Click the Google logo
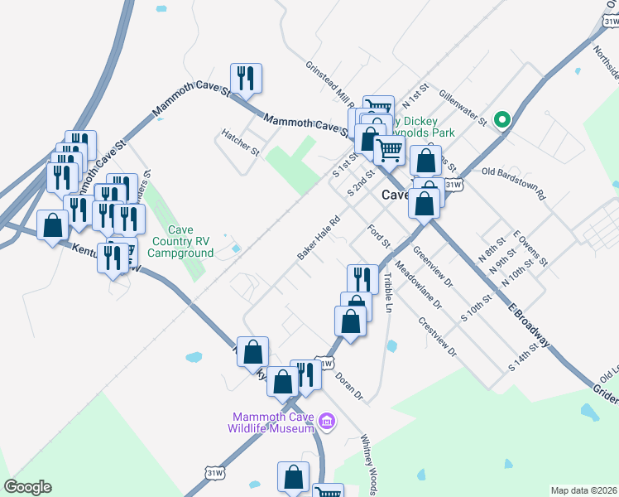tap(27, 487)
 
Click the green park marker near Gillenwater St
tap(501, 120)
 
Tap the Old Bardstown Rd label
tap(514, 184)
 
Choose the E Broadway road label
tap(529, 322)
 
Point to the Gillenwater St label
tap(463, 109)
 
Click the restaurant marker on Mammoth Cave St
tap(246, 79)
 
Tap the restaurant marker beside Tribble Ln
tap(362, 280)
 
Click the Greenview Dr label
tap(433, 267)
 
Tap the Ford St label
tap(379, 235)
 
